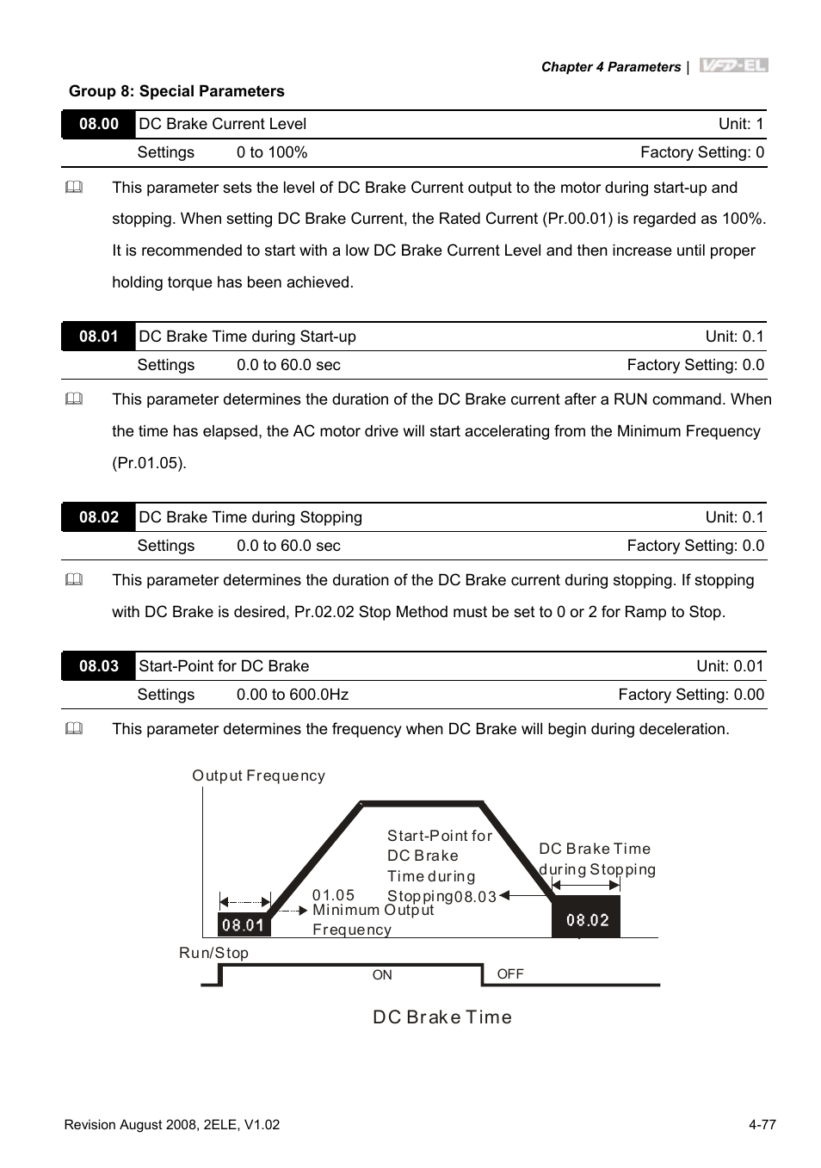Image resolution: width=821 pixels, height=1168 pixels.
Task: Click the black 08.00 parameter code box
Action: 99,124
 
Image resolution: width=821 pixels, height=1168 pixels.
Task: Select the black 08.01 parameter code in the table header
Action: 99,337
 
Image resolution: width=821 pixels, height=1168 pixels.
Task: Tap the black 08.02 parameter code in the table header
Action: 99,517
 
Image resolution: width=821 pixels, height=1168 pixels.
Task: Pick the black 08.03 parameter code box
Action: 99,666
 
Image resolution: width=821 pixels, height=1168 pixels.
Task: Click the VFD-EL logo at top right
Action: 733,66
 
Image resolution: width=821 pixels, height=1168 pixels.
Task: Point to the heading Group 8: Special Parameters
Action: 176,91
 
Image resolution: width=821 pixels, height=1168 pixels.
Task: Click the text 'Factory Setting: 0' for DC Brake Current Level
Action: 701,152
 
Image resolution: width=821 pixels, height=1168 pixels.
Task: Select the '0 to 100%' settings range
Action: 272,152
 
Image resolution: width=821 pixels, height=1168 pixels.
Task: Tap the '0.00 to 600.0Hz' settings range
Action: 293,695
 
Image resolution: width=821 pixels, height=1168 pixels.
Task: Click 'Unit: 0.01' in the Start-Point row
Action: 730,666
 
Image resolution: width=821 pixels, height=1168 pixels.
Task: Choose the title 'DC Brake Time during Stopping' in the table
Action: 250,517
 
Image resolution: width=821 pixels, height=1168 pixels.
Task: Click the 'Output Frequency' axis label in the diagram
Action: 258,776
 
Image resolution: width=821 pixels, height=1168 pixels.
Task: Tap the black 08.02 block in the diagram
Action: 586,919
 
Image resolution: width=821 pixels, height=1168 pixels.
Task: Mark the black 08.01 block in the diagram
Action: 244,925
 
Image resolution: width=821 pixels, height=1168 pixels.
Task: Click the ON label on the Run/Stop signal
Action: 382,975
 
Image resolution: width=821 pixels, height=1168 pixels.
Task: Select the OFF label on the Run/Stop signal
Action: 510,974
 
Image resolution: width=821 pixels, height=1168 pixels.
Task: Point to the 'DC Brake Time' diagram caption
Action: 442,1017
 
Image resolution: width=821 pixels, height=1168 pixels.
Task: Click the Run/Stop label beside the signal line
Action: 213,953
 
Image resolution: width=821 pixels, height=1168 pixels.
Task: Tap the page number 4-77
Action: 762,1125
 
